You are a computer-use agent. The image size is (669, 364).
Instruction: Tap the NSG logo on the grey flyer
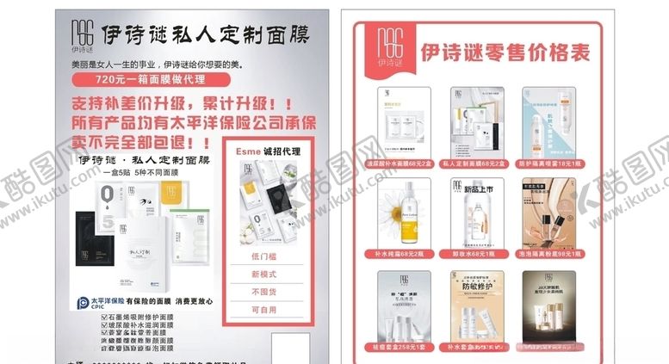81,35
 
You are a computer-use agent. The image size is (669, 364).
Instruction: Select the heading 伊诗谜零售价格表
505,52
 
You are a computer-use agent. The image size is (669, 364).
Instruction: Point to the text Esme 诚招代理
268,151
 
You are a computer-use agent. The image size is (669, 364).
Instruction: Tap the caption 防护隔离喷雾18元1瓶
550,163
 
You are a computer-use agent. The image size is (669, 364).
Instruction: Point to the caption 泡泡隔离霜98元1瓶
550,255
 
